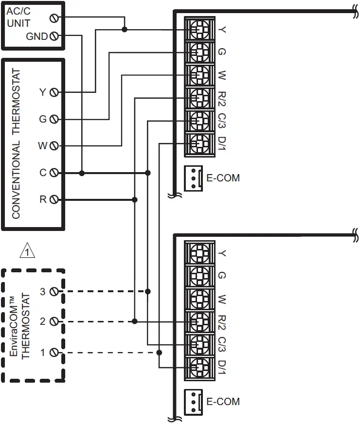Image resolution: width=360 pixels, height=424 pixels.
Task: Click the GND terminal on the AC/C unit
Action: tap(54, 36)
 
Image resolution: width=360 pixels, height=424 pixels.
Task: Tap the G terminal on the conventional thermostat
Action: tap(54, 119)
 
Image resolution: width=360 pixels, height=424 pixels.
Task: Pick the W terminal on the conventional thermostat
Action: tap(54, 145)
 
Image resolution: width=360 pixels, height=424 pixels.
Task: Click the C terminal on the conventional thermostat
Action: tap(54, 173)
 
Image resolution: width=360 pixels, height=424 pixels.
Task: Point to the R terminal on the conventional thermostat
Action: tap(54, 199)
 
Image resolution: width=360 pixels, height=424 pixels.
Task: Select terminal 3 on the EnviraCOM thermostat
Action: tap(54, 292)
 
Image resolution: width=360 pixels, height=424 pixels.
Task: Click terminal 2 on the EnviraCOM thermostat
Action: tap(54, 321)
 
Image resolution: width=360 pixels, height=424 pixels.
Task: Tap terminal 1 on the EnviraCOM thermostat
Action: tap(54, 353)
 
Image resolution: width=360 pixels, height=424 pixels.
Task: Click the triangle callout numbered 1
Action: tap(28, 251)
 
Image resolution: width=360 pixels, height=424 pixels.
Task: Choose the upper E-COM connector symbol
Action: tap(193, 178)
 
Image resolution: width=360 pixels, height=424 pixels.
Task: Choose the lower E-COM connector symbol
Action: tap(193, 402)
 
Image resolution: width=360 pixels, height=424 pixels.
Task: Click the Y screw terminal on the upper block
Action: tap(199, 29)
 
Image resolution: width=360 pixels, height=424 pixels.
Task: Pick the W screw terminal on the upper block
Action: tap(199, 75)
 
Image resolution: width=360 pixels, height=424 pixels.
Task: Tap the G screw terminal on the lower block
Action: tap(199, 276)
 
